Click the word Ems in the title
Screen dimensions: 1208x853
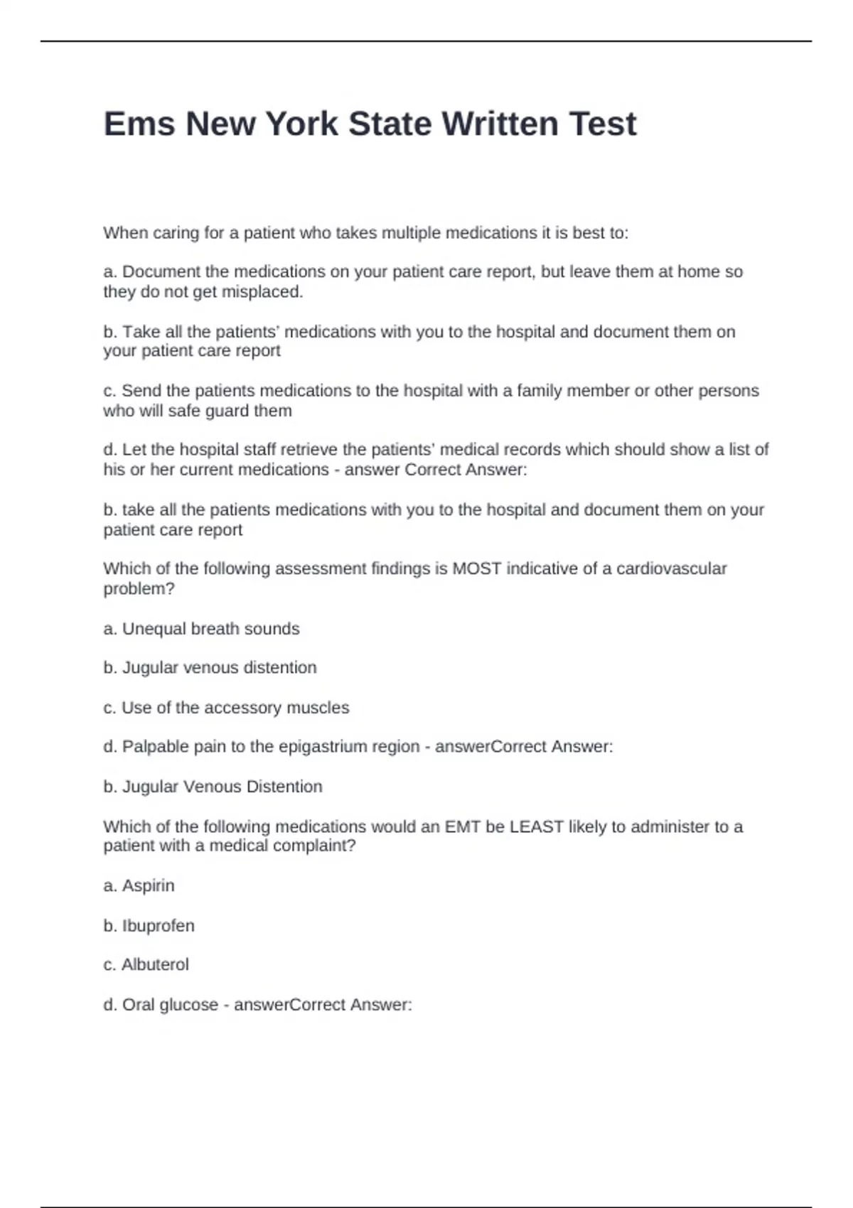[x=139, y=124]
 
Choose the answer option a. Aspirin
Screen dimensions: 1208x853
[x=139, y=885]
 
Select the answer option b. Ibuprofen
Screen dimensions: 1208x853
[x=149, y=926]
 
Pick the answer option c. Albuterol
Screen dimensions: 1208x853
[x=146, y=965]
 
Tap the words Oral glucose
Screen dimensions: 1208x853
[x=170, y=1005]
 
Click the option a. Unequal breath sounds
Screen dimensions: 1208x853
[x=202, y=629]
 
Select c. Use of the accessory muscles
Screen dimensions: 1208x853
[x=226, y=708]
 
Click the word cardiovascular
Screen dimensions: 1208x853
[x=671, y=568]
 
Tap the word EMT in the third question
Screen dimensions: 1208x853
[x=463, y=826]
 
